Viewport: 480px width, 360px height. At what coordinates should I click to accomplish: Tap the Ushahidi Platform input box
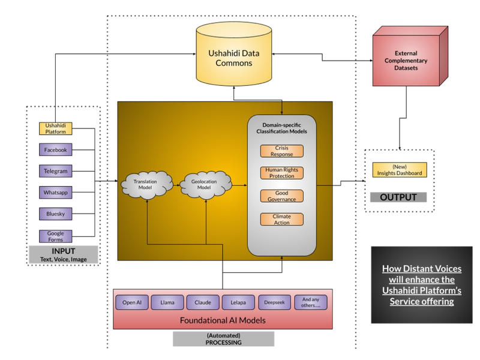click(55, 128)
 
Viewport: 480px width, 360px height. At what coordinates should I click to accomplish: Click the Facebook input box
click(55, 149)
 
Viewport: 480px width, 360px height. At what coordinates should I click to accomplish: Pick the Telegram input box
click(55, 171)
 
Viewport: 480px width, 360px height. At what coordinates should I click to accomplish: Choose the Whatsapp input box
click(55, 193)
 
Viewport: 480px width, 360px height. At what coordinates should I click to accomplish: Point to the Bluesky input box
click(55, 214)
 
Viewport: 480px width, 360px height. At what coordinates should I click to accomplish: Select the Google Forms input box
click(55, 236)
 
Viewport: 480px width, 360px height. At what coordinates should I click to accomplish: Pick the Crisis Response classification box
click(281, 151)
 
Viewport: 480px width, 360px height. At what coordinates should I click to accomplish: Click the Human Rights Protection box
click(281, 173)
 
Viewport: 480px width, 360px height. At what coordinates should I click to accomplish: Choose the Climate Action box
click(281, 220)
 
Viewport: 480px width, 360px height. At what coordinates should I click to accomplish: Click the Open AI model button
click(131, 302)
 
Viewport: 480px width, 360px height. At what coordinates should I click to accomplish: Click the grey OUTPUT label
click(398, 197)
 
